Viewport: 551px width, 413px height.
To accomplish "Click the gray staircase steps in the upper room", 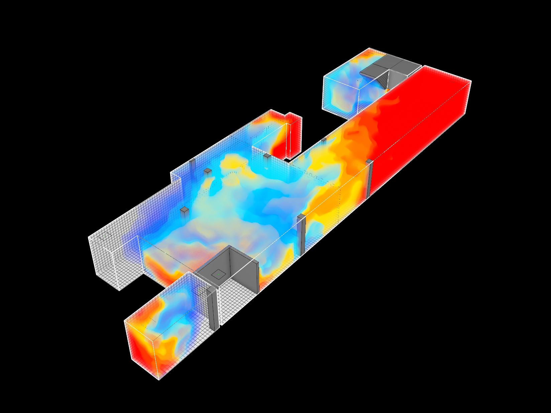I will (x=383, y=80).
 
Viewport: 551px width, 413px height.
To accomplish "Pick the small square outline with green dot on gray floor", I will (x=218, y=274).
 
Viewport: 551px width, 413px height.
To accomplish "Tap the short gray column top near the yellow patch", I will (x=208, y=171).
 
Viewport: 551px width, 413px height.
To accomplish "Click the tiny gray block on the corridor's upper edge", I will (x=324, y=139).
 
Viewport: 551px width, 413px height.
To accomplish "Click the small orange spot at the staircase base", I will (x=388, y=90).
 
